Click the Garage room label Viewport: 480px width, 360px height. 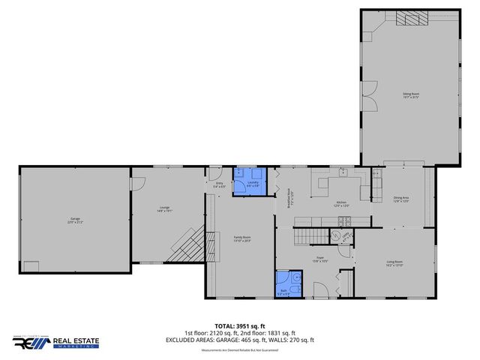coord(75,220)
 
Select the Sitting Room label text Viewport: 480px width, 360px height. coord(410,94)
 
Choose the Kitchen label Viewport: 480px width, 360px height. coord(340,203)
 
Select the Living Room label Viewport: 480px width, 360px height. coord(394,264)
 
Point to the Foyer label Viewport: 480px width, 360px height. coord(319,259)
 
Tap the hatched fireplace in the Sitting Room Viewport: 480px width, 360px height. coord(411,19)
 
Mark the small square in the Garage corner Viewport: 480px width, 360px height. coord(31,266)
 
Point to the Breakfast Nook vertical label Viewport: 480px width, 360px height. coord(290,198)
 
